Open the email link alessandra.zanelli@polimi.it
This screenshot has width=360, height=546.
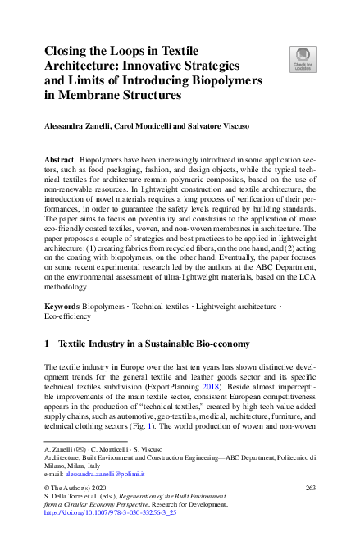click(104, 474)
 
